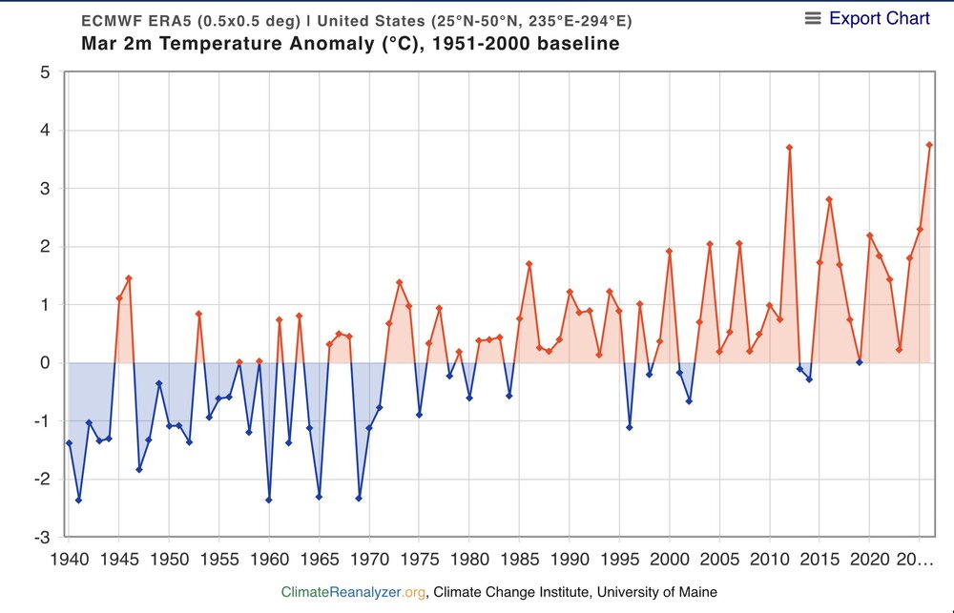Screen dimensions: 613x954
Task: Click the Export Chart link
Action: coord(879,18)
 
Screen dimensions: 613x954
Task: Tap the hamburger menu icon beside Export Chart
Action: coord(813,18)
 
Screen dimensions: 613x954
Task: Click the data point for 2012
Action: coord(790,148)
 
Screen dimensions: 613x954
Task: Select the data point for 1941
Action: coord(78,500)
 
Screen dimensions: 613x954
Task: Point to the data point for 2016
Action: coord(830,199)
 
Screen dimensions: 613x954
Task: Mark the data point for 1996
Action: coord(630,427)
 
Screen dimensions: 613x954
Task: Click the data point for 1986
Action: coord(529,264)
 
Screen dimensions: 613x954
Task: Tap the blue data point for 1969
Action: coord(359,498)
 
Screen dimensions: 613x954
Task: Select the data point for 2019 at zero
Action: coord(860,362)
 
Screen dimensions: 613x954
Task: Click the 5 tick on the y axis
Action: coord(45,72)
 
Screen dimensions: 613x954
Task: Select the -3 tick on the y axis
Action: coord(43,538)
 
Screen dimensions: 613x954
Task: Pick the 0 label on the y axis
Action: coord(45,363)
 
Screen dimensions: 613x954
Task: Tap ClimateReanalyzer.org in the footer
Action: coord(353,592)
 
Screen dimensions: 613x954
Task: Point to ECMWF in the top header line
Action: coord(112,21)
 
